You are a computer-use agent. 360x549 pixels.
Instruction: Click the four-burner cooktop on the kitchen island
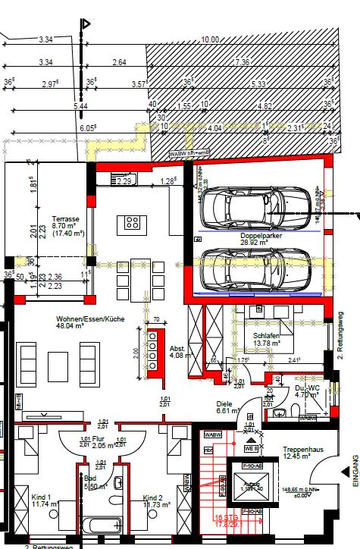tap(132, 223)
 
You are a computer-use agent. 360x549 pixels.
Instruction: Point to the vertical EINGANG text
tap(354, 470)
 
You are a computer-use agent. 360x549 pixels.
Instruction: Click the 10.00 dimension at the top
tap(209, 39)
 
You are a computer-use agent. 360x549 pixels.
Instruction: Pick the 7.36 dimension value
tap(241, 61)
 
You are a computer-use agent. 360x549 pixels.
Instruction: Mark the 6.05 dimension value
tap(88, 128)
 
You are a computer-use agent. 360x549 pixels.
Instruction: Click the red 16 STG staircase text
tap(223, 521)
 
